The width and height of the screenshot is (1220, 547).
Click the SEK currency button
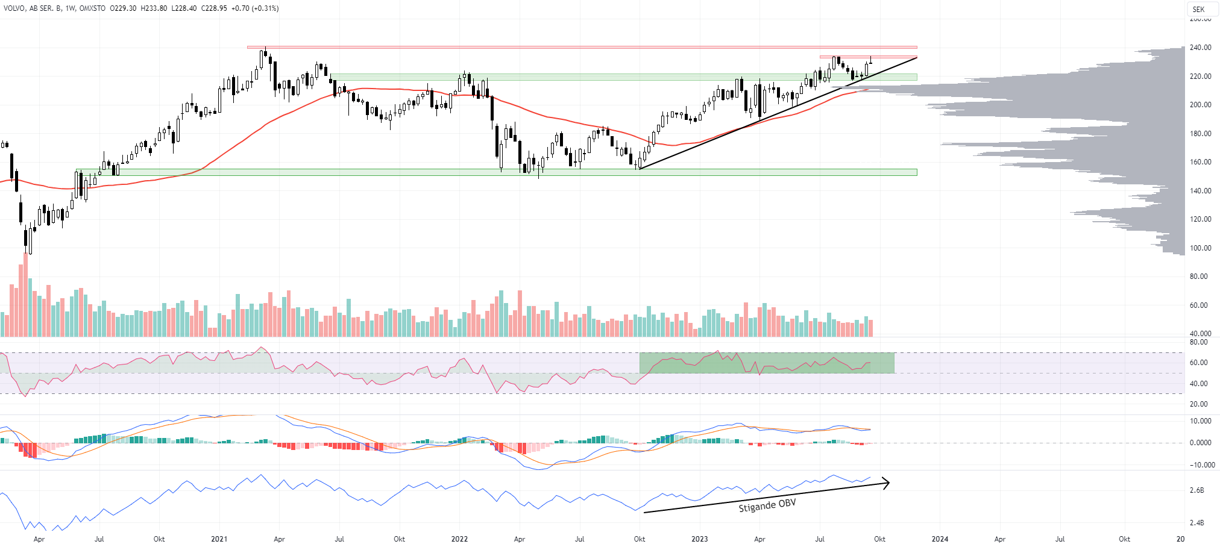tap(1198, 9)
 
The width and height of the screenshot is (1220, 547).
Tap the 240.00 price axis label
tap(1200, 48)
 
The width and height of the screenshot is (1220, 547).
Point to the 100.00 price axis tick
tap(1200, 248)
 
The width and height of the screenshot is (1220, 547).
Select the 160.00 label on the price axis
tap(1200, 162)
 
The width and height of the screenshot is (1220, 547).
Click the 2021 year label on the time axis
tap(219, 539)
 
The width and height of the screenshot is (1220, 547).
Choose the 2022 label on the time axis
tap(459, 539)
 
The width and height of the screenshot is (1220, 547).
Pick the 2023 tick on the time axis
tap(699, 539)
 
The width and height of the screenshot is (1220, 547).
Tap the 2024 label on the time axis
tap(940, 539)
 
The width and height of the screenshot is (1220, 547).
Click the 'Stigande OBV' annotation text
tap(767, 505)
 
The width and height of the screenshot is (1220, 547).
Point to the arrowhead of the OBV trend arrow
tap(887, 483)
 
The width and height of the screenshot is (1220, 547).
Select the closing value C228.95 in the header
tap(214, 8)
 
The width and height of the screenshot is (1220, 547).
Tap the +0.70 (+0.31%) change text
tap(254, 8)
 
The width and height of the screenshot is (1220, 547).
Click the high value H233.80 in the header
tap(154, 8)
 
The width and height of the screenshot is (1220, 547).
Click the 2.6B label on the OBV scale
tap(1196, 490)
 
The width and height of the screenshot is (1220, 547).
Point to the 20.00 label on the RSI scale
tap(1198, 404)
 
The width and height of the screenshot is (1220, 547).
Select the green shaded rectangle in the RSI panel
tap(767, 363)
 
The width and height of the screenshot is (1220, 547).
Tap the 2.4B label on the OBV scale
tap(1196, 523)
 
